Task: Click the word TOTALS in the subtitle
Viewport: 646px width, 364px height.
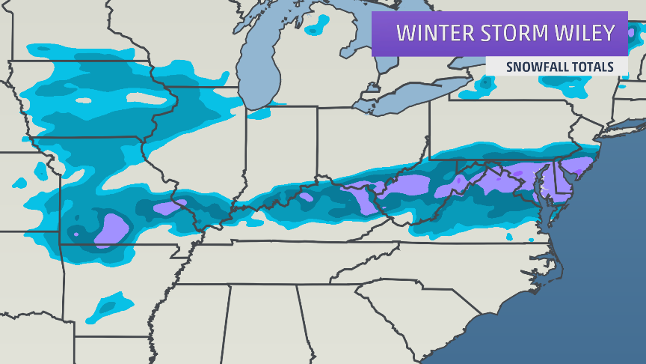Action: click(594, 67)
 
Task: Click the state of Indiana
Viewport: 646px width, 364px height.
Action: click(280, 150)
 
